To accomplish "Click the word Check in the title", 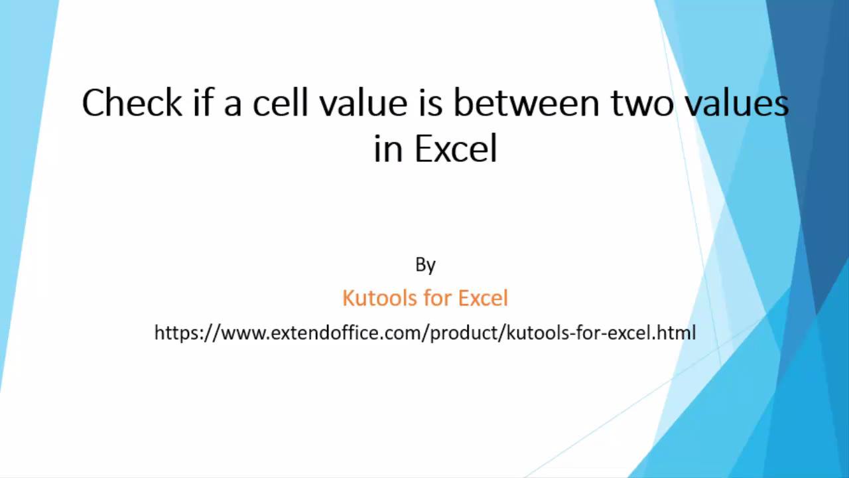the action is (x=132, y=102).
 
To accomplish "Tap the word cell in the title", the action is (x=280, y=102).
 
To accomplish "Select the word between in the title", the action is (x=527, y=102).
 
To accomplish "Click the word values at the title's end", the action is (x=738, y=102).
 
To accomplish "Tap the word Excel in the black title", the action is (x=456, y=148).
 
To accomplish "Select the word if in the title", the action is (x=202, y=102).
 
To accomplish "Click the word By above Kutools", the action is (x=425, y=265).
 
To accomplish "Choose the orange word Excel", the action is (x=483, y=298).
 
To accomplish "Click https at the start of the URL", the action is (x=176, y=333).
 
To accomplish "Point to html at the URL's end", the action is (x=677, y=333).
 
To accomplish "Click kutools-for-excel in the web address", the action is (x=580, y=333).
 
